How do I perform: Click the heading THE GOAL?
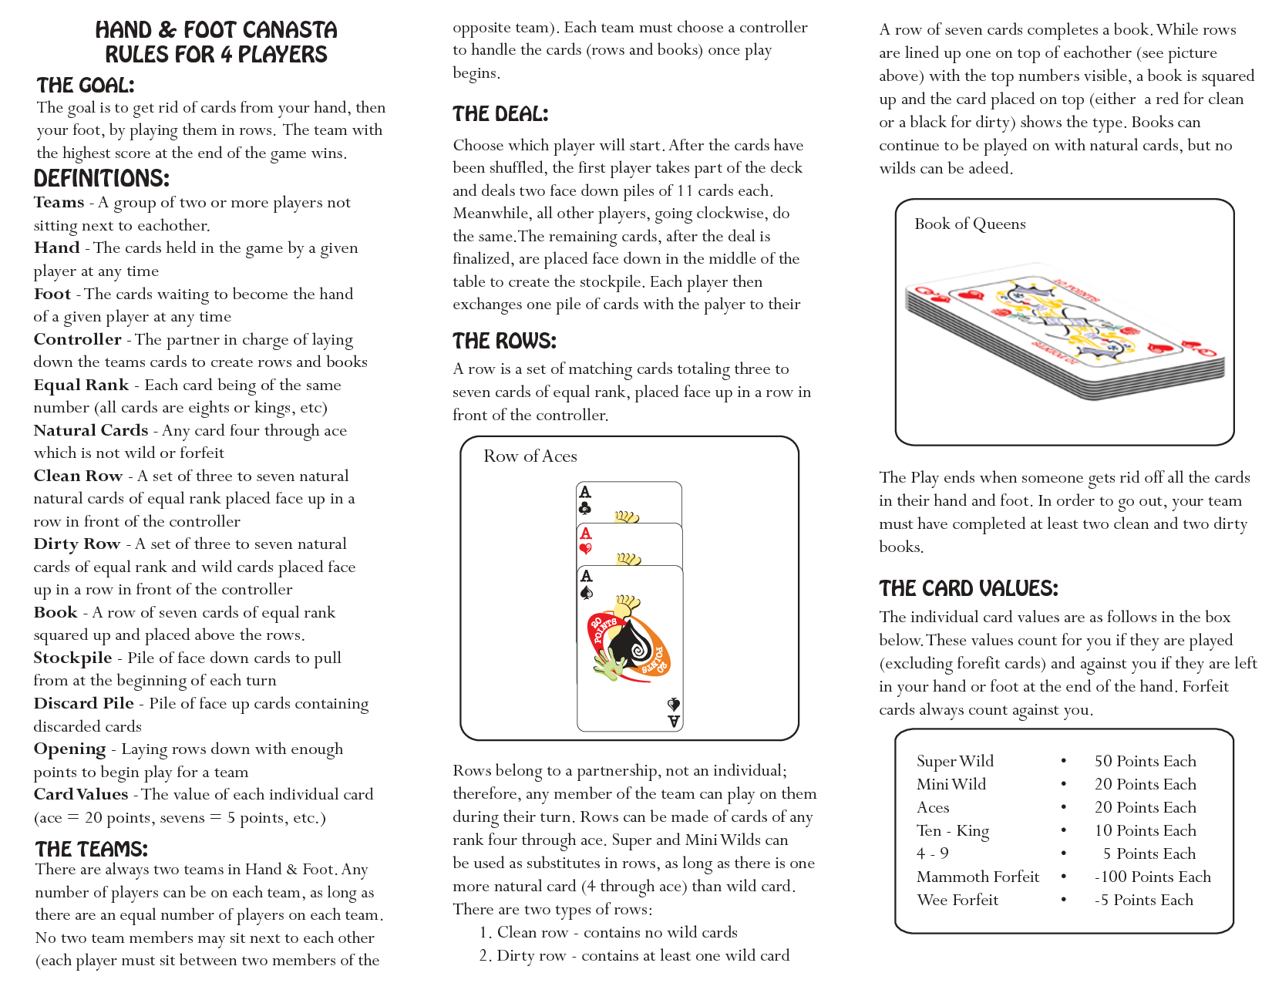click(86, 85)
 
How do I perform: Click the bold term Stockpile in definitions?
click(72, 658)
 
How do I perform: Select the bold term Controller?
click(77, 339)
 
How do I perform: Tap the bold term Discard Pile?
click(83, 703)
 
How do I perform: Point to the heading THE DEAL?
click(500, 114)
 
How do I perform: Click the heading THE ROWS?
click(504, 341)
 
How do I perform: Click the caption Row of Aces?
click(530, 456)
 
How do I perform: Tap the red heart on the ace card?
click(586, 549)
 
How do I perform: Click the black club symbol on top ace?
click(585, 508)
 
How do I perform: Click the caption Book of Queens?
click(970, 224)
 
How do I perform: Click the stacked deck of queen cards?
click(1064, 332)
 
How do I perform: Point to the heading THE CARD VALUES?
click(968, 588)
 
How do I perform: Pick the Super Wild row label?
click(955, 761)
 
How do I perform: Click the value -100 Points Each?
click(1153, 877)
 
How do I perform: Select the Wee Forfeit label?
click(957, 900)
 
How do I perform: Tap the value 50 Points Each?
click(1145, 761)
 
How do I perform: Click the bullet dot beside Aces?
click(1063, 807)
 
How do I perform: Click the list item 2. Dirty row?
click(634, 955)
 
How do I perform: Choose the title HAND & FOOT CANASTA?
click(216, 30)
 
